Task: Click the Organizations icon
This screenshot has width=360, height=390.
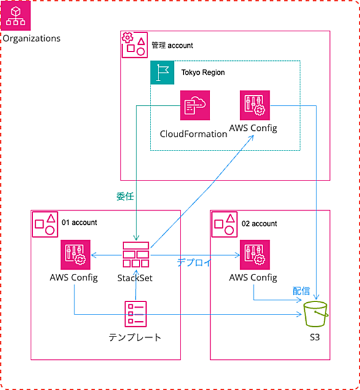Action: click(x=15, y=15)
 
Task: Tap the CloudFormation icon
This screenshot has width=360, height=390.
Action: click(x=195, y=105)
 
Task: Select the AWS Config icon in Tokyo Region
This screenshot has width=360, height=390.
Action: click(x=255, y=105)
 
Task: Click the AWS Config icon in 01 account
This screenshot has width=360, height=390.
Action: click(x=76, y=255)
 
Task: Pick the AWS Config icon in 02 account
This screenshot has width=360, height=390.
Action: click(x=255, y=255)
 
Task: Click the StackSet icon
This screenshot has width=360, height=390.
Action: click(x=136, y=254)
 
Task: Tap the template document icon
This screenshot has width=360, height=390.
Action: click(x=136, y=314)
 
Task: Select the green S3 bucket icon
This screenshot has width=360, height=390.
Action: click(x=316, y=314)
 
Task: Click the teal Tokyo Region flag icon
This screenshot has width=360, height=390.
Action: click(x=162, y=72)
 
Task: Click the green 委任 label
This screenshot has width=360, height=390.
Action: click(x=125, y=197)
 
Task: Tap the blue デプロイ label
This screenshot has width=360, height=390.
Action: click(x=194, y=263)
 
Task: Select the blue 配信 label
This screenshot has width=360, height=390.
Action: click(x=301, y=291)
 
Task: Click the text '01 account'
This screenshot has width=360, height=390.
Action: click(x=79, y=222)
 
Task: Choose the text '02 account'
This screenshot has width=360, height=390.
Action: click(x=259, y=224)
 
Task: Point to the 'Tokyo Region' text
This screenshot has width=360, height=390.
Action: click(x=203, y=72)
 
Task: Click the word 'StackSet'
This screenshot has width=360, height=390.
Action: click(x=135, y=278)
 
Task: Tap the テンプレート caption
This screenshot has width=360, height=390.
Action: click(x=135, y=338)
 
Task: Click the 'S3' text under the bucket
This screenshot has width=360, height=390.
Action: click(x=315, y=337)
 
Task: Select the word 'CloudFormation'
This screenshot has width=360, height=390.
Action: click(x=194, y=134)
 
